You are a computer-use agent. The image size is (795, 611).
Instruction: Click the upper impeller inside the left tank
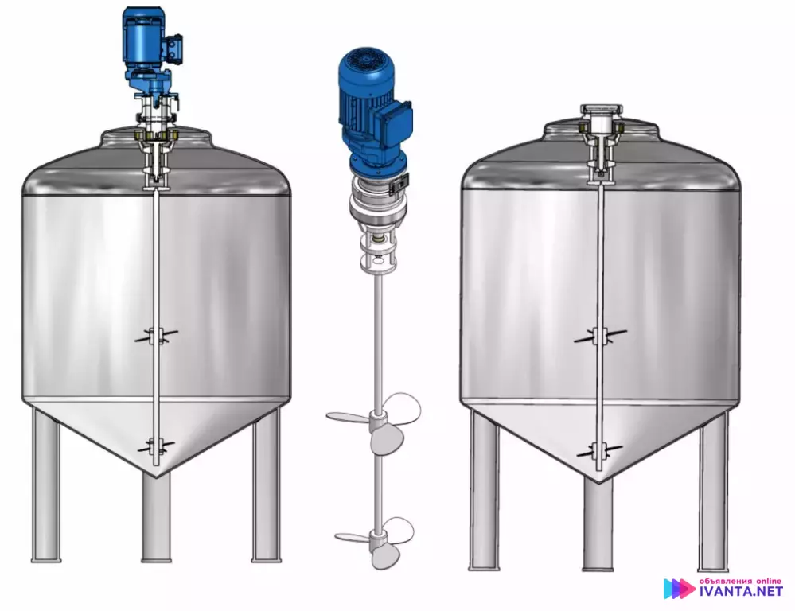[157, 335]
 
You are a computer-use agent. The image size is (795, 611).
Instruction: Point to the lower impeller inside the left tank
[157, 446]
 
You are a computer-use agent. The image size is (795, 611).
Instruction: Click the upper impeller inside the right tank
[600, 336]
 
